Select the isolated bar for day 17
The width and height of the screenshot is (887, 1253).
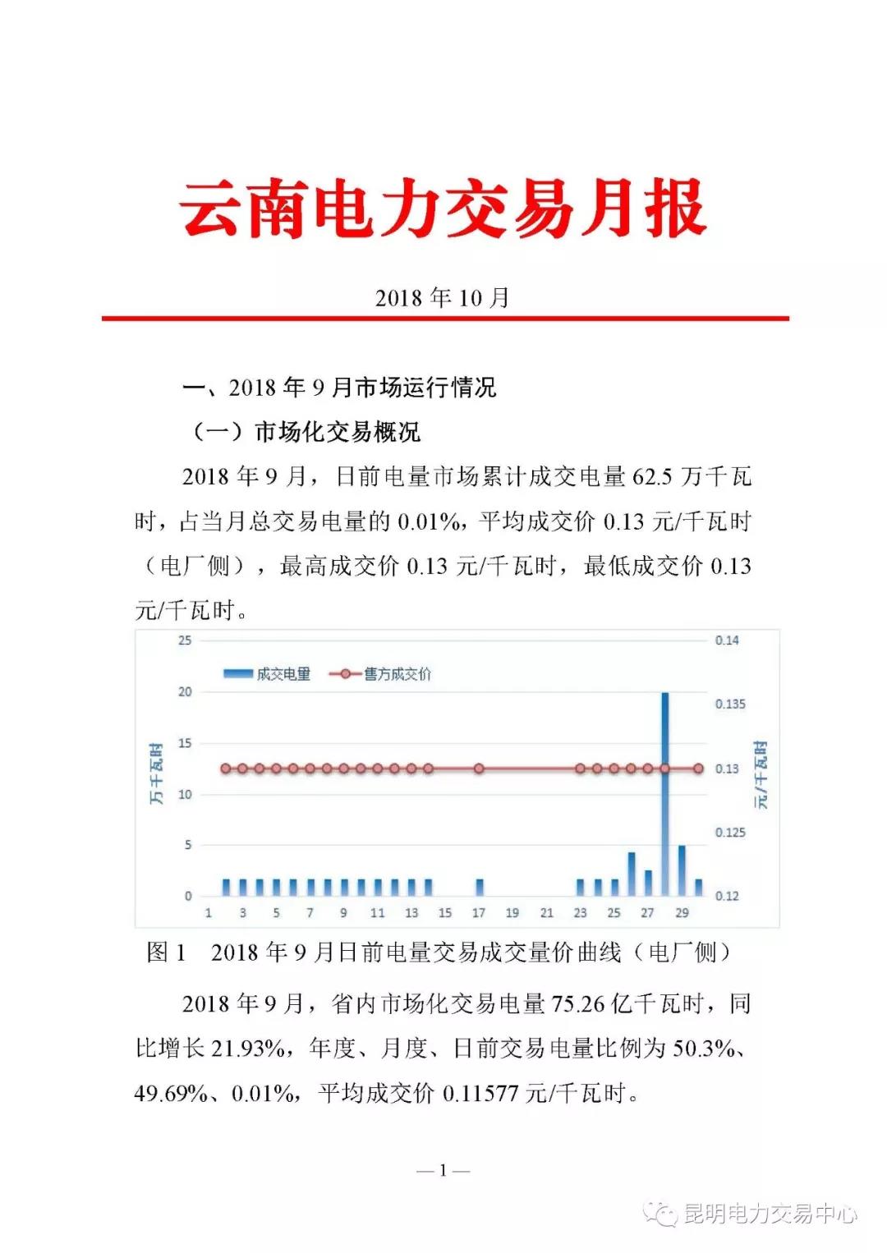click(x=480, y=887)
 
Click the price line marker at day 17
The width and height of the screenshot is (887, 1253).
click(x=479, y=769)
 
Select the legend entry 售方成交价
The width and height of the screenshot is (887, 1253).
click(x=381, y=674)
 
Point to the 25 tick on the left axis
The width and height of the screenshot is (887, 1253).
click(x=185, y=640)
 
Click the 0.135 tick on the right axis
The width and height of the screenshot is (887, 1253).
click(x=730, y=704)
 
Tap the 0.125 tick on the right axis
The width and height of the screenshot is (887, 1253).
click(x=730, y=833)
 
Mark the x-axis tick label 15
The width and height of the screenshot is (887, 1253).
click(x=445, y=912)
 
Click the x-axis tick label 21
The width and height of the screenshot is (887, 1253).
click(x=547, y=912)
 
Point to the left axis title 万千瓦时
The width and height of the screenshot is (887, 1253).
click(x=156, y=773)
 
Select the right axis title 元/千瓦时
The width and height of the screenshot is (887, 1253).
click(x=761, y=773)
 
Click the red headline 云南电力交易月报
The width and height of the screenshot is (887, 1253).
click(x=443, y=209)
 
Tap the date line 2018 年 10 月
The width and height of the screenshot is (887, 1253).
click(x=443, y=297)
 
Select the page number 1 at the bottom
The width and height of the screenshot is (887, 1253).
click(x=443, y=1170)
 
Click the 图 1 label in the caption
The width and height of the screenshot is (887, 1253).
click(x=166, y=952)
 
